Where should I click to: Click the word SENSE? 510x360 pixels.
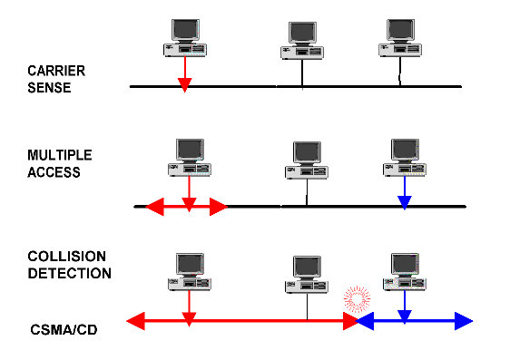coord(49,88)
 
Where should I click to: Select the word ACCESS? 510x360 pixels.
coord(54,171)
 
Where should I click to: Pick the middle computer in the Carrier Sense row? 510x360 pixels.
coord(302,42)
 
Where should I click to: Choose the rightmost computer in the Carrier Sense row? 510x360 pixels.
coord(400,38)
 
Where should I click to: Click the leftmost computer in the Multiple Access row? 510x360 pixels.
coord(189,157)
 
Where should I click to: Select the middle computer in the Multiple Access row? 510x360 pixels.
coord(307,159)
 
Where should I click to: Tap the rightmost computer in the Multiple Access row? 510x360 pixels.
coord(405,157)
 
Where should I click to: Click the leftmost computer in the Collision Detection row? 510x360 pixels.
coord(189,271)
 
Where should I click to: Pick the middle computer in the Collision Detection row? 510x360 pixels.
coord(307,273)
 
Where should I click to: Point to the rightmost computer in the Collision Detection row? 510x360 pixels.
coord(405,271)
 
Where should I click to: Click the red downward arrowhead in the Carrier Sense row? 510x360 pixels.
coord(184,83)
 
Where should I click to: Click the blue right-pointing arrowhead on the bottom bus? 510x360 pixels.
coord(464,320)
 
